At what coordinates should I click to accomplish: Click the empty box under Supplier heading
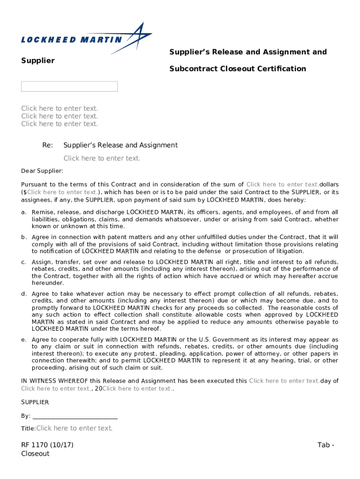(69, 87)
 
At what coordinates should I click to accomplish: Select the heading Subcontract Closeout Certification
(238, 69)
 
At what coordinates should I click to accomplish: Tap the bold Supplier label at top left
(38, 60)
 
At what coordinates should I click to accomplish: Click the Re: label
(47, 145)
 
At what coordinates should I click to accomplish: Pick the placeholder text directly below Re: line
(102, 158)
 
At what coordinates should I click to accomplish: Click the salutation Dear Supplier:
(42, 171)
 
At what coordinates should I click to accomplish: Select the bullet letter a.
(23, 212)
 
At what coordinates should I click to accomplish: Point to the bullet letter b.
(23, 237)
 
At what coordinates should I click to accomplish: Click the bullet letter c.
(23, 262)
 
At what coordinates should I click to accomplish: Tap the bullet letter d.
(23, 294)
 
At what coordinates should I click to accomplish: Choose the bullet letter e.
(23, 340)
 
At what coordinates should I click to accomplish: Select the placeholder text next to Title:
(74, 428)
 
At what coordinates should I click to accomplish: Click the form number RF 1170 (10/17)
(47, 445)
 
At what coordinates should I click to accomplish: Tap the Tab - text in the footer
(326, 445)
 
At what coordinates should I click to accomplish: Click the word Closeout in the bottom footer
(35, 454)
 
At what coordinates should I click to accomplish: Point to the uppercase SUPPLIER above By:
(35, 402)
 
